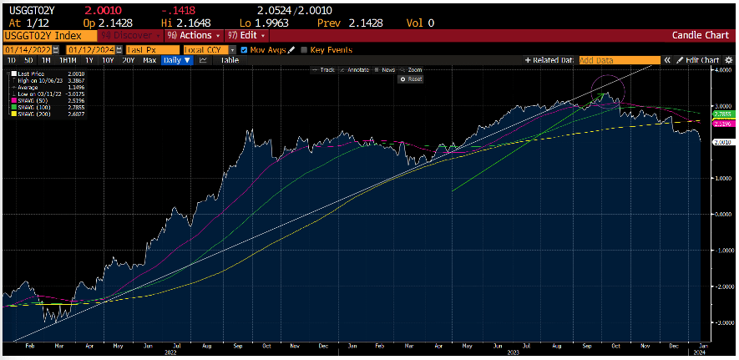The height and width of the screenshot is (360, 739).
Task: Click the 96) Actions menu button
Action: (x=193, y=36)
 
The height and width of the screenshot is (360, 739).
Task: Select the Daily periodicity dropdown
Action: (x=175, y=60)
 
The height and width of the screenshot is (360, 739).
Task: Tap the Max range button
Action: (x=149, y=60)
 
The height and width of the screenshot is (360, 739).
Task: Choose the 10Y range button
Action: (x=108, y=60)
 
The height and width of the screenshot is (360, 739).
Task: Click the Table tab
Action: (x=230, y=60)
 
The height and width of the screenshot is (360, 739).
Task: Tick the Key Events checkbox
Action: (x=304, y=49)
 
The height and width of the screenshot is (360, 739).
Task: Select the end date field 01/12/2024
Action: (x=89, y=49)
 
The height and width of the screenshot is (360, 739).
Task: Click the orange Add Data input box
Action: (x=618, y=60)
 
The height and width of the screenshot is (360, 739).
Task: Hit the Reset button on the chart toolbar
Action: (x=412, y=79)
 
